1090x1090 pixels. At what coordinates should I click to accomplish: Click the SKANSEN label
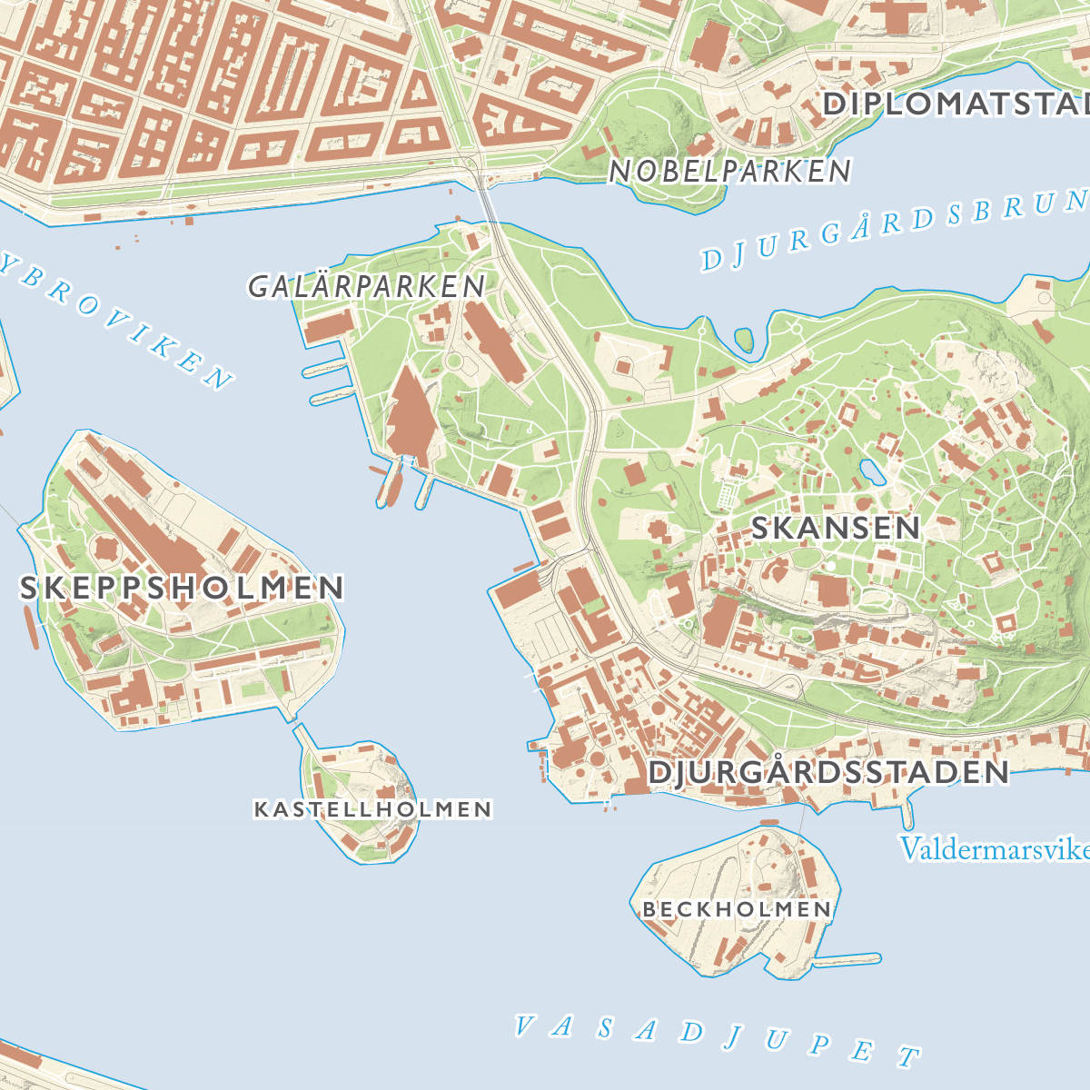836,528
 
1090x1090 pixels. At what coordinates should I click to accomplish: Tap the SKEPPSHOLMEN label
182,588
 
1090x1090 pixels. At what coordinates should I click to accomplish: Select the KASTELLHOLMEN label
372,808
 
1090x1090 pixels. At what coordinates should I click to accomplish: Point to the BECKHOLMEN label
736,909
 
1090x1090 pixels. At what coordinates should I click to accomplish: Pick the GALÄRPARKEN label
367,287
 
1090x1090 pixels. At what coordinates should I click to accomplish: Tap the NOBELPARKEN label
730,171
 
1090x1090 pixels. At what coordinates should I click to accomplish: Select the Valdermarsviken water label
994,849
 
